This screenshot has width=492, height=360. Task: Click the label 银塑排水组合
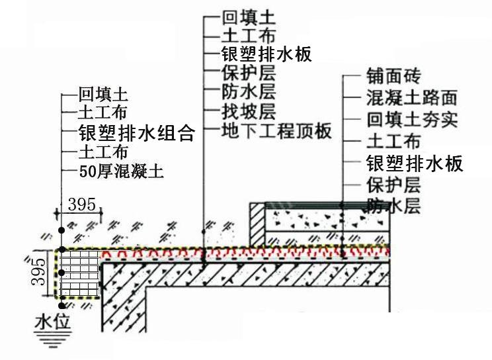coord(136,132)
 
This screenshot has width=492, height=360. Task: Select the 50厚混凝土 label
coord(121,171)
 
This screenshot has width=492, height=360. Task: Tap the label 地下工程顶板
coord(276,131)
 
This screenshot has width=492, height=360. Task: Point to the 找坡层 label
coord(249,112)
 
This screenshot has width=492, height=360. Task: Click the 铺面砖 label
coord(393,76)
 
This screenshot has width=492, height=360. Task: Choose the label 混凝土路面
coord(412,98)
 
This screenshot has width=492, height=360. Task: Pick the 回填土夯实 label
coord(412,120)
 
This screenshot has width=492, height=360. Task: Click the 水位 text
coord(53,322)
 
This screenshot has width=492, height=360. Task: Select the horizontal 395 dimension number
coord(81,204)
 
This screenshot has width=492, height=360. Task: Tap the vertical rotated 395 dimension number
coord(38,271)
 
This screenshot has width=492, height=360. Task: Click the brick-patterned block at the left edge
coord(80,273)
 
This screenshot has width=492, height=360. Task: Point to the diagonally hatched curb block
coord(258,224)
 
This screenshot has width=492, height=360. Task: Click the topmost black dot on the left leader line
coord(61,230)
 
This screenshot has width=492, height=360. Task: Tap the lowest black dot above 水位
coord(61,305)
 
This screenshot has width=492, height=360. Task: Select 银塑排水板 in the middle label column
coord(266,54)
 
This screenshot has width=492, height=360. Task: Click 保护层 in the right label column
coord(393,185)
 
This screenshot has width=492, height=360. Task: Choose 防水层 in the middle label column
coord(249,92)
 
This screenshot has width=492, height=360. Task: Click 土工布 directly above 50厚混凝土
coord(103,152)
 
